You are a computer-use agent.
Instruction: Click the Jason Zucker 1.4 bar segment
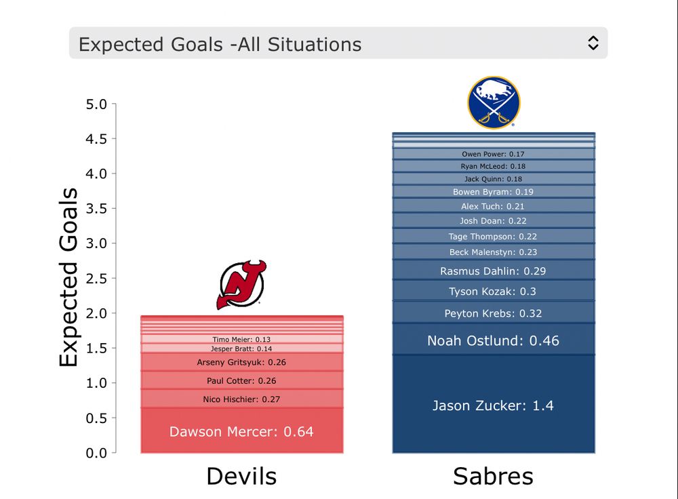click(x=493, y=405)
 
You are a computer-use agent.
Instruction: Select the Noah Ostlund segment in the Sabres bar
click(x=493, y=340)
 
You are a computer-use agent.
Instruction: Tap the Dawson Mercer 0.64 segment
click(x=241, y=431)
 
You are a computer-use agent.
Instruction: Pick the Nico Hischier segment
click(x=241, y=399)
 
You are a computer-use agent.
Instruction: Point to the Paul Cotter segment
click(x=241, y=380)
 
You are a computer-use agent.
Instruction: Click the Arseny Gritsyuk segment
click(x=241, y=362)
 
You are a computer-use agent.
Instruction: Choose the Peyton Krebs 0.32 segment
click(x=493, y=313)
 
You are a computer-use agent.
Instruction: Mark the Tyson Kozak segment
click(x=493, y=292)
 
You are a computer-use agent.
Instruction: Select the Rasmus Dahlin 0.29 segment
click(x=493, y=271)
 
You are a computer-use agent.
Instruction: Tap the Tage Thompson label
click(x=493, y=237)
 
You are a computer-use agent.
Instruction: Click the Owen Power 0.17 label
click(x=493, y=154)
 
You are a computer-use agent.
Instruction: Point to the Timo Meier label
click(x=241, y=339)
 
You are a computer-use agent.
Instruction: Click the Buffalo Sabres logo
click(x=494, y=102)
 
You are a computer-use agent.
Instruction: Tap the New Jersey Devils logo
click(x=241, y=285)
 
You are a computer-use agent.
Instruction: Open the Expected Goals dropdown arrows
click(x=593, y=43)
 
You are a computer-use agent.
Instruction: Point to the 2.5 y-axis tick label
click(x=96, y=279)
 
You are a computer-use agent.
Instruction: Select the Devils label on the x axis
click(x=241, y=476)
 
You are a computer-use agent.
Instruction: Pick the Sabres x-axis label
click(x=493, y=476)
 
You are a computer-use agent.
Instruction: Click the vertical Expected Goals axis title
click(x=69, y=278)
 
